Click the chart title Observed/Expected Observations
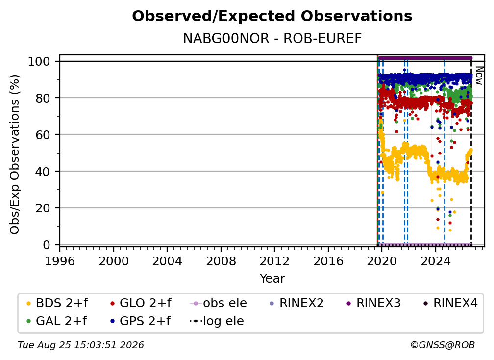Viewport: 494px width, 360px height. point(272,16)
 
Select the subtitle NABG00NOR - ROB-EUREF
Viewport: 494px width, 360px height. point(272,39)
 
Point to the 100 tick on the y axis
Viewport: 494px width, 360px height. point(39,61)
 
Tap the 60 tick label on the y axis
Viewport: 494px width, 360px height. point(43,134)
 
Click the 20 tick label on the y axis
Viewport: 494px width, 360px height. point(43,208)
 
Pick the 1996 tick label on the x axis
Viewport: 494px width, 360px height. point(60,261)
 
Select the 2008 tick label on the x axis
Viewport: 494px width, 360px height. point(221,261)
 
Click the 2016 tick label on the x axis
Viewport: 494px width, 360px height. point(328,261)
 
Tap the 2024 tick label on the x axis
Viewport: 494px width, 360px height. point(435,261)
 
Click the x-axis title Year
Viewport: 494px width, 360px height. point(272,279)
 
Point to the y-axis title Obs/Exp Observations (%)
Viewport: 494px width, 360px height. point(15,154)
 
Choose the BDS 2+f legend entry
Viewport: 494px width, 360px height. point(57,303)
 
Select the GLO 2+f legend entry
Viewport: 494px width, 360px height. point(141,303)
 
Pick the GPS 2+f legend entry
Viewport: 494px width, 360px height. point(140,321)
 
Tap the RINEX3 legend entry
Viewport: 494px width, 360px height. point(373,303)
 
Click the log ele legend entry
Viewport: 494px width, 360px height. point(217,321)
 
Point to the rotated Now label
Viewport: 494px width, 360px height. point(479,76)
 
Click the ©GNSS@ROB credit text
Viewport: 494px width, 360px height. point(443,345)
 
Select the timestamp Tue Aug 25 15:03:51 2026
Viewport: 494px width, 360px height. point(81,345)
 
